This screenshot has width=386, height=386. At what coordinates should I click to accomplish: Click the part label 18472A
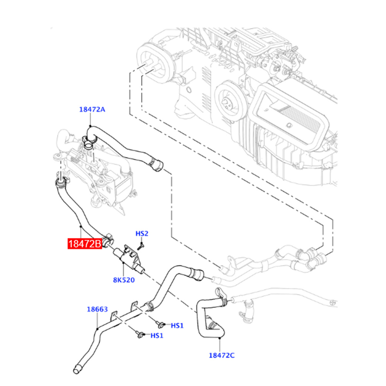point(92,109)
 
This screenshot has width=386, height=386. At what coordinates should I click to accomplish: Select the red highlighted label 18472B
point(85,244)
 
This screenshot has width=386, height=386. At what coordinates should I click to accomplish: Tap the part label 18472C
point(222,355)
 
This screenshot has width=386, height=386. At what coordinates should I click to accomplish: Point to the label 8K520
point(124,280)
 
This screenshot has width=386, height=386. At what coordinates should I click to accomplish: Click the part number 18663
point(97,309)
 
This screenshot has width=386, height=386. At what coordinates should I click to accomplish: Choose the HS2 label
point(142,233)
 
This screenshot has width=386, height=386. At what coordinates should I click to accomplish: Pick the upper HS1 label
point(177,326)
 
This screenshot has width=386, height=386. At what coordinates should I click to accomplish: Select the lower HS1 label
point(157,335)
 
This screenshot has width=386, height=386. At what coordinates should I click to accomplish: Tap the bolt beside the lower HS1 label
point(140,335)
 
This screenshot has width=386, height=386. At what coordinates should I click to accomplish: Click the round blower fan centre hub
point(226,102)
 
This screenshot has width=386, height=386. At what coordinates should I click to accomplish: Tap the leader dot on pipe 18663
point(98,329)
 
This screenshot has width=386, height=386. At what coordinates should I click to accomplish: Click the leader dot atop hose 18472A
point(90,126)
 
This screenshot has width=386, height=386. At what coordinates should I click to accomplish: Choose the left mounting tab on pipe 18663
point(115,315)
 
